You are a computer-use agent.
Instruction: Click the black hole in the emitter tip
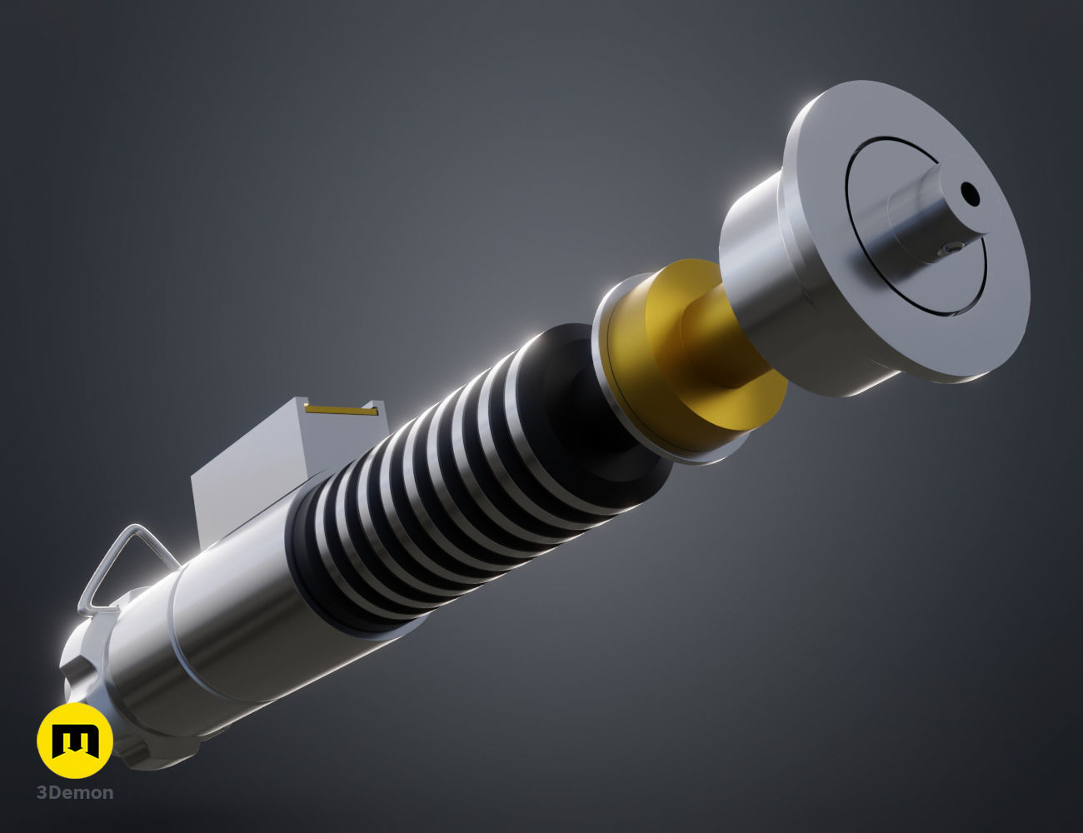click(970, 195)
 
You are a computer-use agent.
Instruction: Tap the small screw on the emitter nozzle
click(951, 249)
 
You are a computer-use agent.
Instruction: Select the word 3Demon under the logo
click(75, 792)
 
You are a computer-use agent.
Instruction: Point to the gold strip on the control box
click(342, 410)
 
